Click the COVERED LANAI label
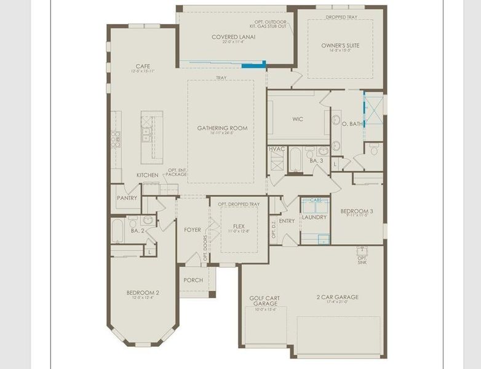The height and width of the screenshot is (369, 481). (233, 37)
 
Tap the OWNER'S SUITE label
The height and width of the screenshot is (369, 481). (340, 46)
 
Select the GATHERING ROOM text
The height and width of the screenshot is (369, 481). (222, 128)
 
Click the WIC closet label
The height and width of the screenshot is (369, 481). (298, 119)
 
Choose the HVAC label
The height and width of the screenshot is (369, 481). (276, 149)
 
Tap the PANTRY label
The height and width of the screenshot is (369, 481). (127, 198)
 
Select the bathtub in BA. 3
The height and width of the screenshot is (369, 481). (295, 159)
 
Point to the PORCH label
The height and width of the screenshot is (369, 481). (193, 280)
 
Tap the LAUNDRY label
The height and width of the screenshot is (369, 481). (314, 218)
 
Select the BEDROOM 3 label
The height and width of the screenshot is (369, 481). (357, 211)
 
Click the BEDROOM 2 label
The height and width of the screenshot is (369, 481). (143, 293)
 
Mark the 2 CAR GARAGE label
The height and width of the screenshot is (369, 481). (338, 297)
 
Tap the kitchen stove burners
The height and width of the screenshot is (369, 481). (115, 139)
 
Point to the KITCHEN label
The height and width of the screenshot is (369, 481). (147, 175)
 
